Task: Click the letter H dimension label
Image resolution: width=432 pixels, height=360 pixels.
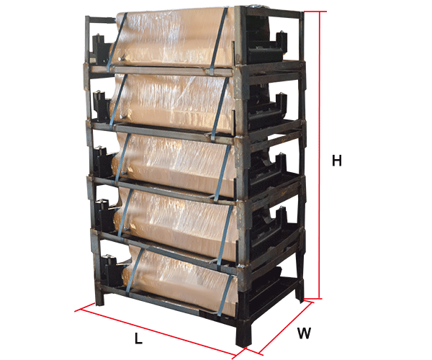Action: click(337, 161)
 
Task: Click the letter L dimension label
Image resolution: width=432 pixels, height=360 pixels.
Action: click(138, 338)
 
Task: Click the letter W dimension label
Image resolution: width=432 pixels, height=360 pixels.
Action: click(304, 333)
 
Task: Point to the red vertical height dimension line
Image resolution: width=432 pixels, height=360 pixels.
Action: click(320, 155)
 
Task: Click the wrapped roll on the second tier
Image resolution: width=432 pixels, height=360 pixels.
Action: click(173, 102)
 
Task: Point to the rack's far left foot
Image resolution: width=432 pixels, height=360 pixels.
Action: click(99, 297)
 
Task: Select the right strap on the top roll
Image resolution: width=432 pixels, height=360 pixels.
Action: click(219, 41)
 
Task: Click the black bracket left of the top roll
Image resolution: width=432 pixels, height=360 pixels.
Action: click(100, 50)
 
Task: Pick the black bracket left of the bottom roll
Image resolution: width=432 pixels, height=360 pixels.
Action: click(111, 271)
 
